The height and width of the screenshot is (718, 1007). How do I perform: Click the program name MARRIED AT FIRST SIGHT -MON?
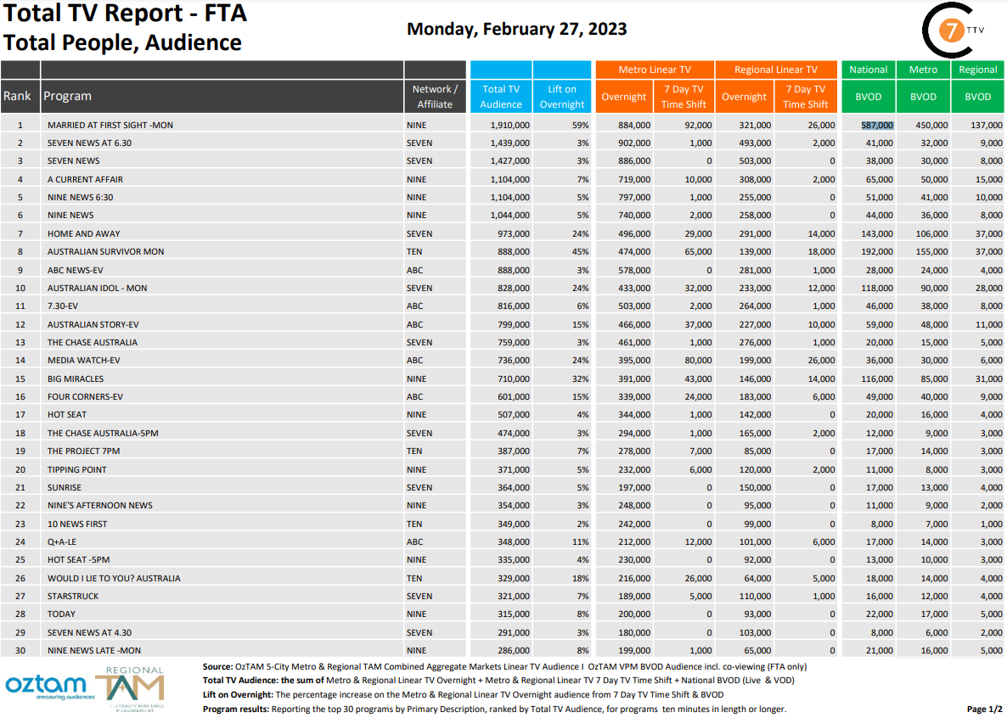click(x=110, y=125)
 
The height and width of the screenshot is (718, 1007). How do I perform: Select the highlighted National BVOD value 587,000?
click(x=877, y=125)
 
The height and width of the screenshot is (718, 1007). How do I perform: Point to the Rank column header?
click(x=17, y=96)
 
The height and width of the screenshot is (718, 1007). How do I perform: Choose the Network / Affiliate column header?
click(x=436, y=96)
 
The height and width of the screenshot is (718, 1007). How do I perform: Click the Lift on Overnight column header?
click(x=562, y=96)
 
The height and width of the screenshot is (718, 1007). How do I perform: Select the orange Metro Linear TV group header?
click(x=655, y=70)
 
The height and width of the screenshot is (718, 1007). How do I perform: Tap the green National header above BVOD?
click(x=868, y=70)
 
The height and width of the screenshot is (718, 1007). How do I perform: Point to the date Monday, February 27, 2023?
click(x=517, y=29)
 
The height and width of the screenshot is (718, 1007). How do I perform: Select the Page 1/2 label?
click(x=984, y=709)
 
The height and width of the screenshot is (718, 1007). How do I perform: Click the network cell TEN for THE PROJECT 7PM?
click(x=416, y=452)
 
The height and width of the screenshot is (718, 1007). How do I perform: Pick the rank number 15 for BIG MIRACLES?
click(x=20, y=379)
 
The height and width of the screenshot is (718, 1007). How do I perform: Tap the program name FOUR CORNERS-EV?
click(x=86, y=396)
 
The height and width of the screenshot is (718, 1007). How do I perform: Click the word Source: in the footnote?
click(x=219, y=667)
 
